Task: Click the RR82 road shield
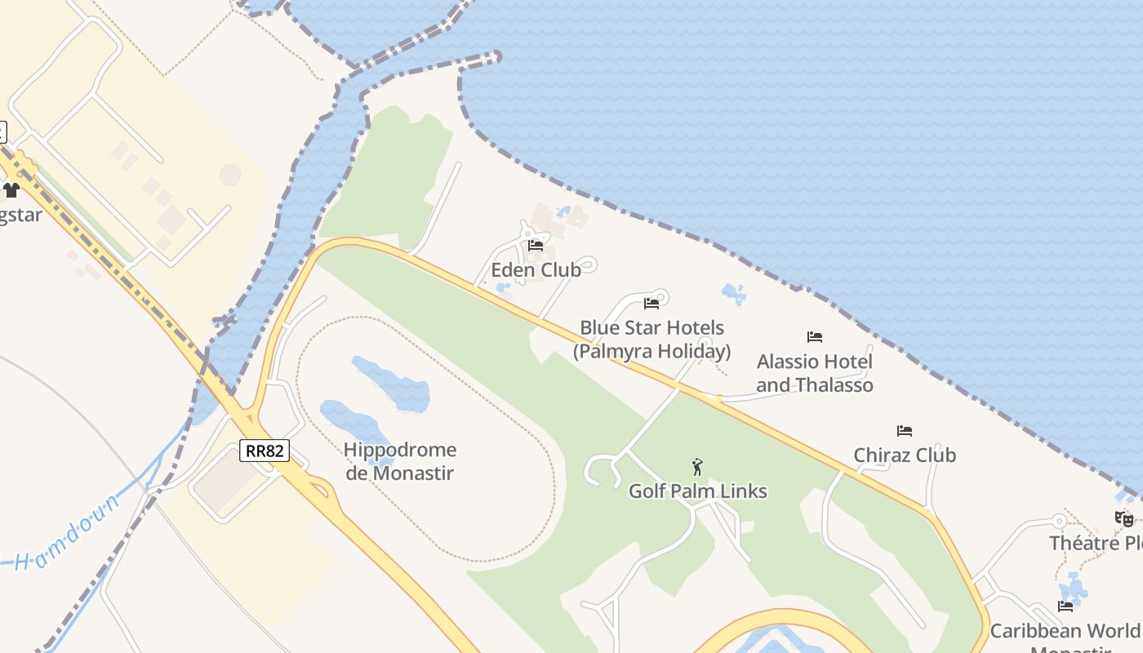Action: tap(265, 451)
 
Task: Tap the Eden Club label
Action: tap(536, 269)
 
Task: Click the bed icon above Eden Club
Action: tap(536, 245)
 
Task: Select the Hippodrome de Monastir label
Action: tap(399, 461)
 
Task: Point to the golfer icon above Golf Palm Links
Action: tap(696, 467)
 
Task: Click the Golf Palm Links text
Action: tap(697, 491)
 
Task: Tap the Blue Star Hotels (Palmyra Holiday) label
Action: tap(652, 340)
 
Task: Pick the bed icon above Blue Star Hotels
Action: tap(652, 304)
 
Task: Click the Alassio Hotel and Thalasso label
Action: tap(815, 373)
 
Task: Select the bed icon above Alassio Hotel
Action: tap(814, 336)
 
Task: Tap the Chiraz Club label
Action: tap(905, 455)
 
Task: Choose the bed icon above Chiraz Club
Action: tap(904, 430)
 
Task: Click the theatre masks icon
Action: tap(1124, 518)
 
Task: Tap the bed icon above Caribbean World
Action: tap(1065, 606)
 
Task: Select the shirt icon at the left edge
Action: tap(11, 190)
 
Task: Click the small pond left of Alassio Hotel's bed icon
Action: tap(733, 294)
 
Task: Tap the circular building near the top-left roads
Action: tap(230, 175)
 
